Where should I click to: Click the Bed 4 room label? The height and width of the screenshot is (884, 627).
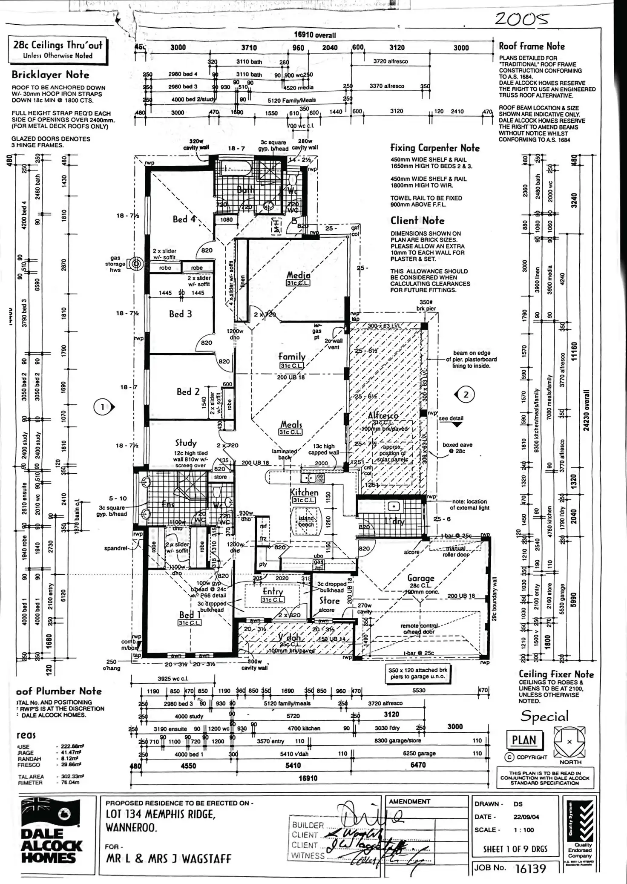coord(184,219)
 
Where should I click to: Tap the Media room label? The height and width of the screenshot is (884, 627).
coord(298,275)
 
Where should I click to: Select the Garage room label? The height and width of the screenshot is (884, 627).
coord(420,578)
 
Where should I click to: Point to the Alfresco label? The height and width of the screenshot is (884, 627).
coord(383,415)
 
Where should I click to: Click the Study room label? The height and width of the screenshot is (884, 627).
coord(186,443)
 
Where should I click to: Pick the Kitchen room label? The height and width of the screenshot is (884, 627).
coord(304,492)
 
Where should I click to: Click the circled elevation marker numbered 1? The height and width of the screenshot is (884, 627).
coord(102,407)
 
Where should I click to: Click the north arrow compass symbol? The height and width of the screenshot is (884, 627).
coord(569,742)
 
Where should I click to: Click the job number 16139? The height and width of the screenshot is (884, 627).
coord(530,868)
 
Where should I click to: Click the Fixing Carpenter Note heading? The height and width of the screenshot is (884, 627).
coord(435,148)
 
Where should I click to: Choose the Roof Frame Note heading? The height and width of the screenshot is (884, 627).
coord(532,46)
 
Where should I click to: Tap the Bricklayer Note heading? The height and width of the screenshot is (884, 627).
coord(50,75)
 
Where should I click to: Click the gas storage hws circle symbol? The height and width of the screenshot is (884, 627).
coord(136,264)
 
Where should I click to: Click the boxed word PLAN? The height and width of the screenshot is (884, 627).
coord(523,740)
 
